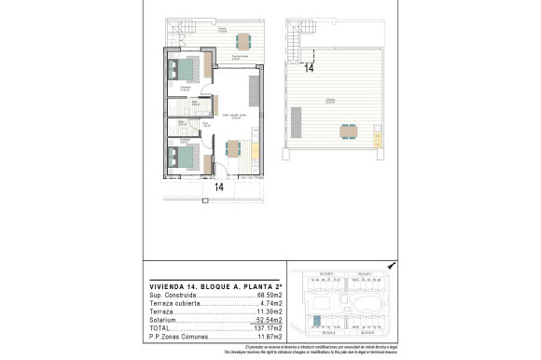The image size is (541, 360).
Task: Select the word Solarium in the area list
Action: (162, 319)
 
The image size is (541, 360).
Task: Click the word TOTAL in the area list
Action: (160, 327)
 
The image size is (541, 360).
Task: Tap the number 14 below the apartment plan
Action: (219, 187)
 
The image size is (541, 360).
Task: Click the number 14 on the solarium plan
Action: (308, 68)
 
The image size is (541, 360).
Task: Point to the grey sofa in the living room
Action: (254, 90)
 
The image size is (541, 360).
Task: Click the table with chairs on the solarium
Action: (348, 130)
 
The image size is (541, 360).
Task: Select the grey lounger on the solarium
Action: (298, 120)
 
